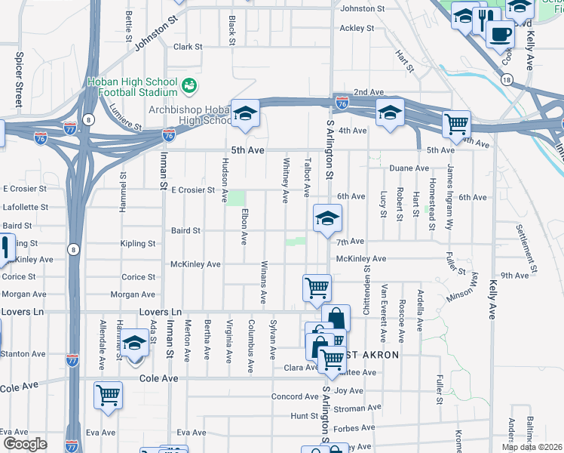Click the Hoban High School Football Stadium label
(x=132, y=88)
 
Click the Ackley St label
(x=357, y=29)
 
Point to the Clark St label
(x=188, y=47)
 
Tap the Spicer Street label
(x=19, y=79)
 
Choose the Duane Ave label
(x=409, y=168)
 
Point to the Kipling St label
(x=137, y=244)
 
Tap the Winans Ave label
(x=265, y=282)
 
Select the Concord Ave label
(x=290, y=396)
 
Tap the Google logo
(x=25, y=444)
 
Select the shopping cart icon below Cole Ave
(x=108, y=395)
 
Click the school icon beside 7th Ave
(x=327, y=218)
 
